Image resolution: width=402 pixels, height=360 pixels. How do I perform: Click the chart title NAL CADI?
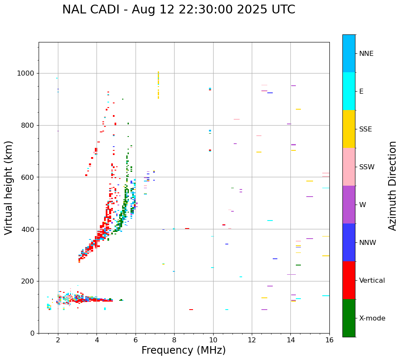pos(178,10)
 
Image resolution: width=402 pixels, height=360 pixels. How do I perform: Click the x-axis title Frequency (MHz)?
pos(183,350)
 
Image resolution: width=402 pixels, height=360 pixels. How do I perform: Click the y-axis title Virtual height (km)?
pos(9,188)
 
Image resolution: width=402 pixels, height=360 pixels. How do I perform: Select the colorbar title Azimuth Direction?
pos(392,186)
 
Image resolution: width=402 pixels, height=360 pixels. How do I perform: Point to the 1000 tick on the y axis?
pos(28,73)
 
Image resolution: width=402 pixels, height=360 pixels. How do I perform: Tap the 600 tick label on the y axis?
pos(28,177)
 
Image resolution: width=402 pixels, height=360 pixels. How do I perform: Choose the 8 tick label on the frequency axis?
pos(174,340)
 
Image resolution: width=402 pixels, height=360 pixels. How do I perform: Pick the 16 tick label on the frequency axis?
pos(329,340)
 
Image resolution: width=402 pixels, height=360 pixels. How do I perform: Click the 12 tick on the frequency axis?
pos(252,340)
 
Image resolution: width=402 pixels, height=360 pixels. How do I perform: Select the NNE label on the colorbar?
pos(366,54)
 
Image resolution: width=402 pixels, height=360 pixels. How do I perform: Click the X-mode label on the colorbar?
pos(372,318)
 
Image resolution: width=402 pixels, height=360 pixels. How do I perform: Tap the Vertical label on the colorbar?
pos(372,281)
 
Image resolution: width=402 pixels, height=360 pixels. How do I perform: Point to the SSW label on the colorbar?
pos(367,167)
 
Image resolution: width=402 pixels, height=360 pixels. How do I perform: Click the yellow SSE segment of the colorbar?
pos(349,129)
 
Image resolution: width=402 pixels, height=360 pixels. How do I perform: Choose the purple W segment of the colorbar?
pos(349,205)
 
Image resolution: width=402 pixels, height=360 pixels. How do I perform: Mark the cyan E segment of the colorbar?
pos(349,91)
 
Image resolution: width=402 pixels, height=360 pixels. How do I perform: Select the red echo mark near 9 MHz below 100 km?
pos(191,310)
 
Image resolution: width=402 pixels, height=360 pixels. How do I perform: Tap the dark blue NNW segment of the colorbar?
pos(349,242)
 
